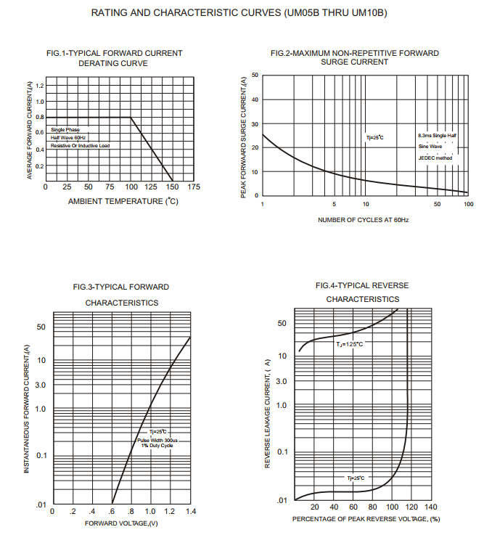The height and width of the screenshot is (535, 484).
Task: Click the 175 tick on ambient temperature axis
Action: [x=194, y=187]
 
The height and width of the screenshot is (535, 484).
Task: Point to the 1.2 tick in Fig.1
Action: [x=39, y=86]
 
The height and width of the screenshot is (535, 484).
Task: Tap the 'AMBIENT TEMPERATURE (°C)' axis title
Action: [x=123, y=201]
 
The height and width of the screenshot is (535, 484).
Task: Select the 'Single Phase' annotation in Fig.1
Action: [x=65, y=129]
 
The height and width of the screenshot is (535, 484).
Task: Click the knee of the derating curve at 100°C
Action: [x=131, y=117]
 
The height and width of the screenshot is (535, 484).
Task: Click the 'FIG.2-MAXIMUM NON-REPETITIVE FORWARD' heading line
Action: [x=354, y=53]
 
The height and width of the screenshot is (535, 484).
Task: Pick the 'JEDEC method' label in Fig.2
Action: [x=435, y=158]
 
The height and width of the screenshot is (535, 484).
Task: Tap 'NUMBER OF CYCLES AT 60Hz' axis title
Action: [x=363, y=219]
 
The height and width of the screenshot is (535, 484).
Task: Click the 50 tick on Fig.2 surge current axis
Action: [x=255, y=75]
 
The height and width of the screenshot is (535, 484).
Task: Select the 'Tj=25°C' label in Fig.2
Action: [x=374, y=137]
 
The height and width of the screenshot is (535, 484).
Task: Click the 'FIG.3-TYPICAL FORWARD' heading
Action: [x=121, y=287]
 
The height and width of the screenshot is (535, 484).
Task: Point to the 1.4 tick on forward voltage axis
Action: [x=190, y=512]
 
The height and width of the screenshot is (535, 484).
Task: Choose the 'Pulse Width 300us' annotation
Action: [x=157, y=439]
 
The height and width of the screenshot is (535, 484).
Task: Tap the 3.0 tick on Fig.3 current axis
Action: [x=41, y=385]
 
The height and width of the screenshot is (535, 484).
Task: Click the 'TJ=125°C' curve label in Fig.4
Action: [x=349, y=344]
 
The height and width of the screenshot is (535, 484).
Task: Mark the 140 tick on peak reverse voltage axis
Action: [x=430, y=507]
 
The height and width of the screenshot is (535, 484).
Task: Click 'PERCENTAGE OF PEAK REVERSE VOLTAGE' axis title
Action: [x=366, y=520]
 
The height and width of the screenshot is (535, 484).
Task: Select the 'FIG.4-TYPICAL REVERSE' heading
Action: [x=362, y=285]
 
